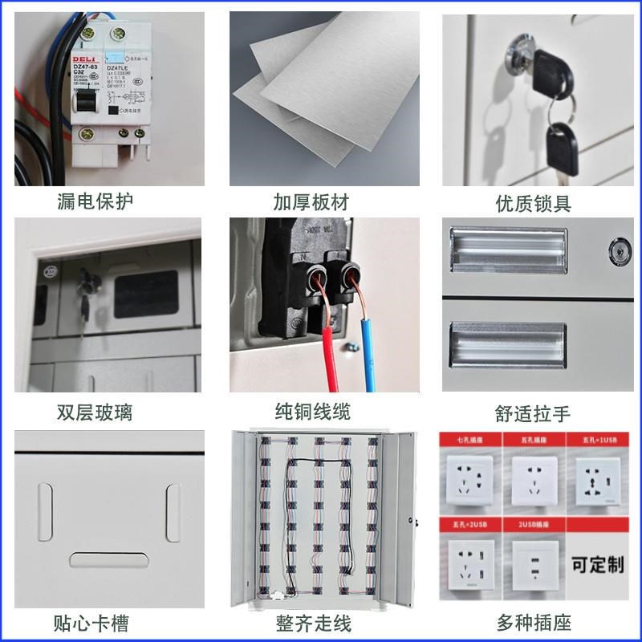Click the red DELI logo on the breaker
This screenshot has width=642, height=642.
click(x=83, y=59)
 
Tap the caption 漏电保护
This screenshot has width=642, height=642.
click(x=95, y=200)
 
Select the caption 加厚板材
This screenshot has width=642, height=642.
click(x=311, y=201)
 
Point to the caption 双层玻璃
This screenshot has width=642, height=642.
click(x=95, y=412)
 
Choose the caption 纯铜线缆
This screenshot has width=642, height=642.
click(x=311, y=412)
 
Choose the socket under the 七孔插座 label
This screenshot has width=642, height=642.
click(x=469, y=478)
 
